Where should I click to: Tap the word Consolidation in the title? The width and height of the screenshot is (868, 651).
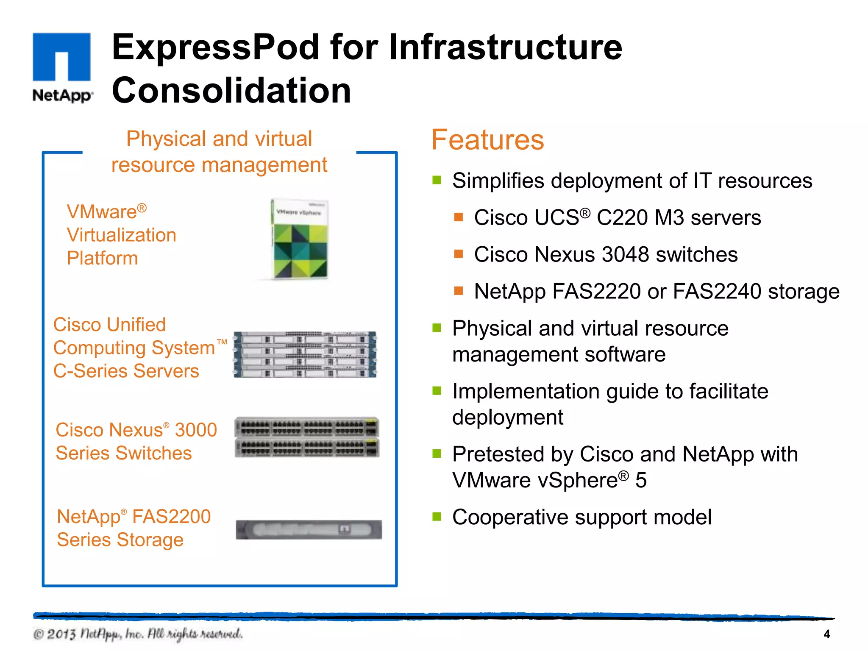(231, 90)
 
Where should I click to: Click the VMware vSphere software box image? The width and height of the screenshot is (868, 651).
(300, 239)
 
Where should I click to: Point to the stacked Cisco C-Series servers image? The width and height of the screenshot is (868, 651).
(305, 355)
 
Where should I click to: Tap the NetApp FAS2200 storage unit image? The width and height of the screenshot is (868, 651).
(309, 530)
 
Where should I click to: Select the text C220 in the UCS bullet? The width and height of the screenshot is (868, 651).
(622, 218)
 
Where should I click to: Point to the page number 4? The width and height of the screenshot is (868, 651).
(826, 634)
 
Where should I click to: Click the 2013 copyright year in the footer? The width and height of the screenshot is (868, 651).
(61, 634)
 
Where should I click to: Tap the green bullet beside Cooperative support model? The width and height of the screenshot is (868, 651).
(437, 516)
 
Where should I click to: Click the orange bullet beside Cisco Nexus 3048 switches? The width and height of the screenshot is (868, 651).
(458, 254)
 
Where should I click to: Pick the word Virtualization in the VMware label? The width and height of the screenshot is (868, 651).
(121, 235)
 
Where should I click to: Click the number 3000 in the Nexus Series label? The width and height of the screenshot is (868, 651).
(196, 430)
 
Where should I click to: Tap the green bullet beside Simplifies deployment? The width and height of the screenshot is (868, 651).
(437, 180)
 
